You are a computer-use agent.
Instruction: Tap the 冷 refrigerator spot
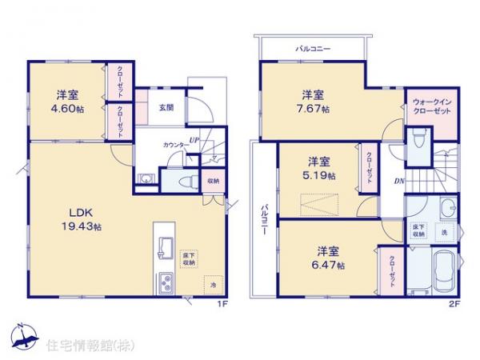[x=213, y=283]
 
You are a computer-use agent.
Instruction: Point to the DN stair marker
[x=398, y=182]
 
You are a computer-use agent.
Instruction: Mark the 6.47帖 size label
[x=329, y=264]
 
